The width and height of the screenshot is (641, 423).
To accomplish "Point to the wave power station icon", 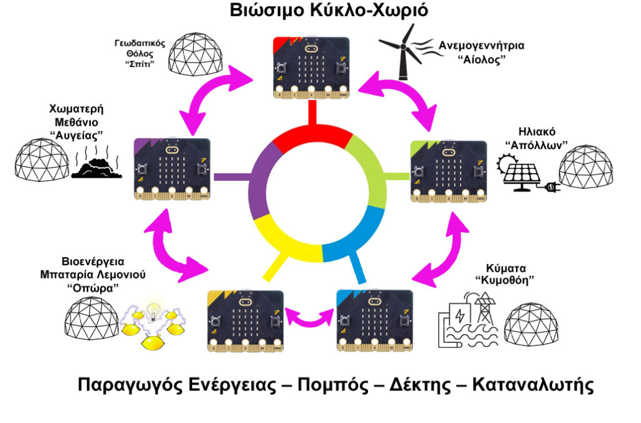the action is pos(468,320).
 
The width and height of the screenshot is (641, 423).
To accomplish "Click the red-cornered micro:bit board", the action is pos(312,68).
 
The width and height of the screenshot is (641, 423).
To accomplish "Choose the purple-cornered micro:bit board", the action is pos(172,169).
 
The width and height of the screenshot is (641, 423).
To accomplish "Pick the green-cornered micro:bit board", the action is pos(448,171).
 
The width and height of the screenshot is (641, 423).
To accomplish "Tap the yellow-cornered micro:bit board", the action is pos(245,321).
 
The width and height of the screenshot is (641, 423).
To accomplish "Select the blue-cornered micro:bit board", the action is pos(374,321).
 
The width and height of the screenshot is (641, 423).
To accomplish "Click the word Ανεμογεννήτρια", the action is pos(481,45).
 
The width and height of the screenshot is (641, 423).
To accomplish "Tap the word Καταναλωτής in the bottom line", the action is pos(533,385).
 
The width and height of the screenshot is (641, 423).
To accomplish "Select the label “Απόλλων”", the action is pos(536,145).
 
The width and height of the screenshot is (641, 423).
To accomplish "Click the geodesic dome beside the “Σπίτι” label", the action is pos(195,54).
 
